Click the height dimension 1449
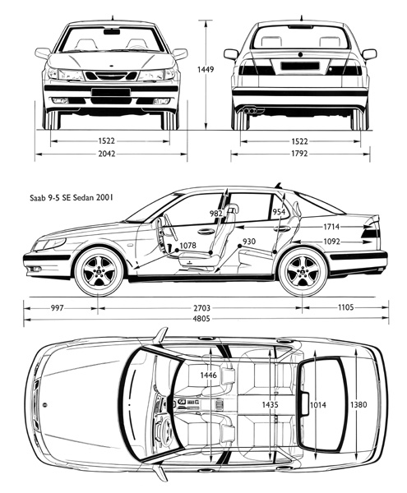(x=206, y=69)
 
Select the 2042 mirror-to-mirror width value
(x=107, y=154)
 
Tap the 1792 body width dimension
(x=299, y=154)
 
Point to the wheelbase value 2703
(x=201, y=308)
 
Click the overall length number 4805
(x=201, y=319)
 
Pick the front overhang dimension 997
(x=58, y=307)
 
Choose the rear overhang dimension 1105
(x=345, y=306)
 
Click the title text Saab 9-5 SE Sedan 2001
(x=72, y=198)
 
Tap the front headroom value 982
(x=216, y=214)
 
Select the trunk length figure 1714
(x=331, y=227)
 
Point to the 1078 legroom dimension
(x=187, y=245)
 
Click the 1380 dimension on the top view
(x=358, y=404)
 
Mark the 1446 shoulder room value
(x=208, y=375)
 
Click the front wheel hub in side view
(x=98, y=272)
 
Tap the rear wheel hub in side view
(x=303, y=272)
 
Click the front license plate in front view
(x=111, y=92)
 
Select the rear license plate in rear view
(x=300, y=66)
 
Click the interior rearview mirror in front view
(x=112, y=31)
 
